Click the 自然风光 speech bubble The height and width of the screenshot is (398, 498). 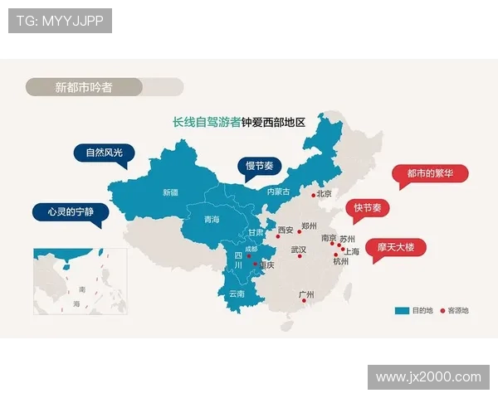103,153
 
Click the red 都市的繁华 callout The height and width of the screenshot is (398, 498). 430,174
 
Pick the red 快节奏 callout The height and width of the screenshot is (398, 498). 367,208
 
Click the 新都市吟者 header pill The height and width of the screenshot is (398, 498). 84,87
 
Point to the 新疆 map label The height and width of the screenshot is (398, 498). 170,192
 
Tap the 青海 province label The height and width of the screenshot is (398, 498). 212,220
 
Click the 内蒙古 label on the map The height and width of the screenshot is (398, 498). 278,192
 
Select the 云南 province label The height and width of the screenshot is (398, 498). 237,294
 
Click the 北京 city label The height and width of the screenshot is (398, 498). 325,193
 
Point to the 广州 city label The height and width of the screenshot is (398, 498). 306,294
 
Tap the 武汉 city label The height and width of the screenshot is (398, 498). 299,249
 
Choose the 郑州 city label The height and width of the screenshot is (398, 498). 310,226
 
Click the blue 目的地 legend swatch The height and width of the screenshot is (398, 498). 402,311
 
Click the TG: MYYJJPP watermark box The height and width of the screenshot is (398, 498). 60,21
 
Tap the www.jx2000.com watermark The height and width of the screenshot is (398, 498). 428,377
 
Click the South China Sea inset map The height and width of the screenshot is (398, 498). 80,281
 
